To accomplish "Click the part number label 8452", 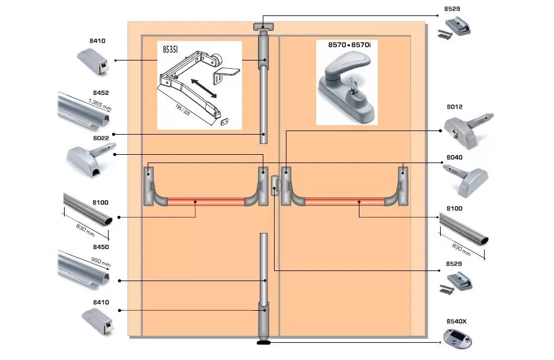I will coord(101,93).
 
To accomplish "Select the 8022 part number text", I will coord(101,138).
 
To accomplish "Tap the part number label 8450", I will coord(101,246).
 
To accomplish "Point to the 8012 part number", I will coord(454,107).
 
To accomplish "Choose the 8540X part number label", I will coord(456,321).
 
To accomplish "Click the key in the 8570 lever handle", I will coord(349,90).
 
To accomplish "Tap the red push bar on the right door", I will coord(344,202).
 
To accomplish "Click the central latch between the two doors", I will coord(274,184).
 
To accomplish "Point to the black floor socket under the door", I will coord(263,342).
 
